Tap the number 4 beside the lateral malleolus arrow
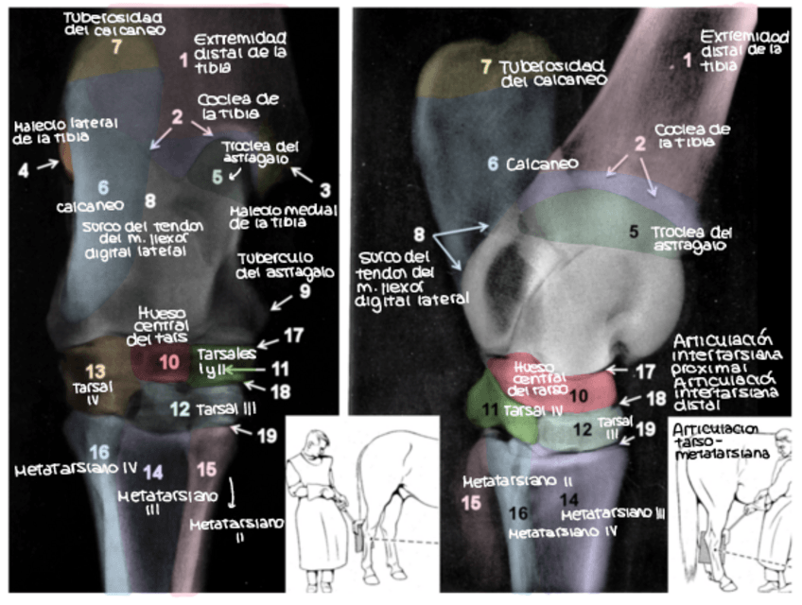(x=24, y=169)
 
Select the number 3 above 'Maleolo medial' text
(x=324, y=189)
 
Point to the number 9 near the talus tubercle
(x=305, y=292)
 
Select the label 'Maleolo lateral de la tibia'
(x=52, y=131)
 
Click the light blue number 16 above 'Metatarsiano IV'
(x=99, y=452)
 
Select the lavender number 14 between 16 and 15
(x=154, y=472)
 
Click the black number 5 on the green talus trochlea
(x=635, y=230)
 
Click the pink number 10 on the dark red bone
(x=168, y=362)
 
